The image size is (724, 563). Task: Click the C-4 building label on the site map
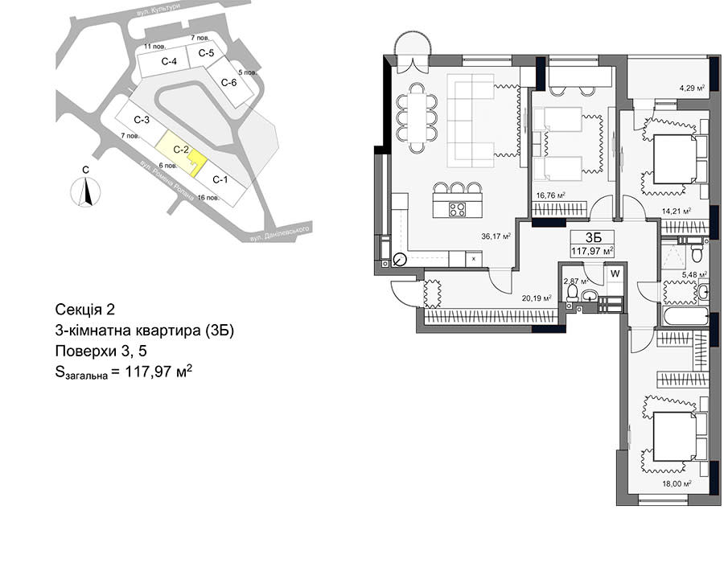tap(169, 61)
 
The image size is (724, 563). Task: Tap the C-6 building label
tap(229, 83)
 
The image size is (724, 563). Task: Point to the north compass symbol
tap(85, 191)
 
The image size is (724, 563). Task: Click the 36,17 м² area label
tap(496, 236)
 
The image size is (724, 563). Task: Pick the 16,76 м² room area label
tap(551, 195)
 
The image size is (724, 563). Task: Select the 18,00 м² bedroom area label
tap(676, 484)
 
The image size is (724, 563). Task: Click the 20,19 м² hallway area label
tap(537, 298)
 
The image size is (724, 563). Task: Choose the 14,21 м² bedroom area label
tap(677, 212)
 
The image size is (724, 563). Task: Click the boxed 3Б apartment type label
tap(593, 237)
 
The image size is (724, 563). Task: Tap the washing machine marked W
tap(615, 273)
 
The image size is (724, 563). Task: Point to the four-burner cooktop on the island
tap(458, 209)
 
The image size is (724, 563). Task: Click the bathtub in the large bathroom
tap(685, 317)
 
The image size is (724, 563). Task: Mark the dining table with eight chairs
tap(418, 117)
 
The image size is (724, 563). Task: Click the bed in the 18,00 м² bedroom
tap(675, 437)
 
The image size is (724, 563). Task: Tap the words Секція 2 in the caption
tap(84, 309)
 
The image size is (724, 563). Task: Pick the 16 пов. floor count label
tap(208, 198)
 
